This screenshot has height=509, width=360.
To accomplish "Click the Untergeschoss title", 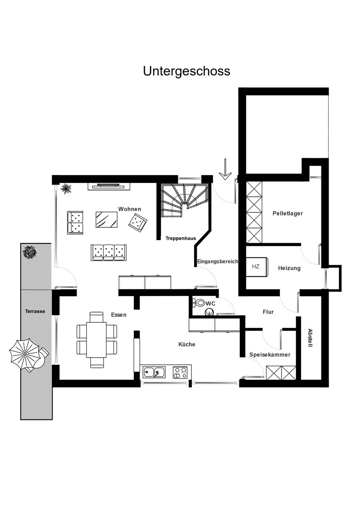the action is (x=186, y=71).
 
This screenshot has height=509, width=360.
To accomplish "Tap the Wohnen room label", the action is (x=129, y=209).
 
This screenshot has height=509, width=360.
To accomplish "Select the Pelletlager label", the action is (x=288, y=213).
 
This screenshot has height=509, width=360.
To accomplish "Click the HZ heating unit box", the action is (x=257, y=266).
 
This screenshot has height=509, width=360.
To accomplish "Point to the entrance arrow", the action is (x=225, y=169).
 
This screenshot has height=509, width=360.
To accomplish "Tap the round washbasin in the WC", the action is (x=209, y=312).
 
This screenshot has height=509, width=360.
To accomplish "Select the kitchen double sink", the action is (x=154, y=372).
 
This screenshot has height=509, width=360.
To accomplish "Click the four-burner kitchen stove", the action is (x=180, y=372).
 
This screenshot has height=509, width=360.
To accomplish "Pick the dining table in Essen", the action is (x=96, y=339).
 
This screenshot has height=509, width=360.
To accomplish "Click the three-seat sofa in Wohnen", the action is (x=109, y=252).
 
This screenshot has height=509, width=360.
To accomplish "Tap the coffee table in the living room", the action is (x=107, y=220).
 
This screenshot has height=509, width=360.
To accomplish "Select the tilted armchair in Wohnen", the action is (x=138, y=223).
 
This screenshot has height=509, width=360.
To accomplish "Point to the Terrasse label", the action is (x=35, y=311).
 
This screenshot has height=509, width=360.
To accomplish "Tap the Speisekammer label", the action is (x=270, y=355).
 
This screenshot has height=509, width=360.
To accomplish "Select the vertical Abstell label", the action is (x=310, y=338).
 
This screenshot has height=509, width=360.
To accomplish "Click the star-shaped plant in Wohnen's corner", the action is (x=66, y=188).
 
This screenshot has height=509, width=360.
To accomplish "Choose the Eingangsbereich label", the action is (x=217, y=261).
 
